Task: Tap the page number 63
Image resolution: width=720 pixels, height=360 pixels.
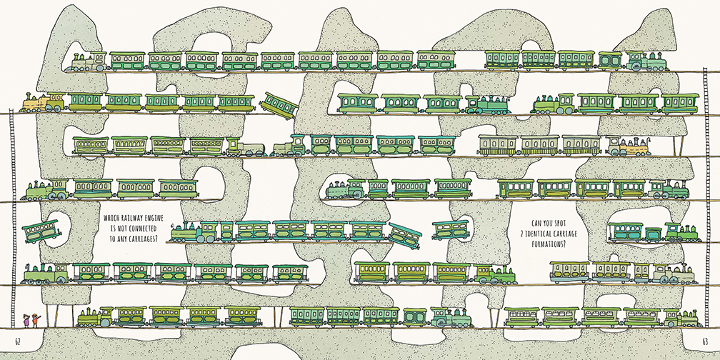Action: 704,339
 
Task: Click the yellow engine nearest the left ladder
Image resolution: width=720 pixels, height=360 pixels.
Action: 34,104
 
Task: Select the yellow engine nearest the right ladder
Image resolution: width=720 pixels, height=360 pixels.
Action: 629,146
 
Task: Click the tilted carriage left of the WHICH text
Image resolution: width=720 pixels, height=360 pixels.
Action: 41,230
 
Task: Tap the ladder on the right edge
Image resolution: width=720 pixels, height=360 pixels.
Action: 707,200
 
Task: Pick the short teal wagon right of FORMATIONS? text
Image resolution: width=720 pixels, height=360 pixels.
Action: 652,234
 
